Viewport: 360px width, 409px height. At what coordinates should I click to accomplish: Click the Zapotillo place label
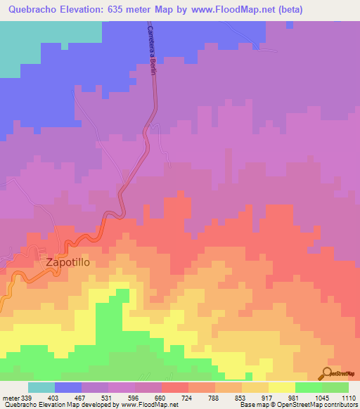pos(69,262)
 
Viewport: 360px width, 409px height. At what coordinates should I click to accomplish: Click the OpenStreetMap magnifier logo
pos(328,373)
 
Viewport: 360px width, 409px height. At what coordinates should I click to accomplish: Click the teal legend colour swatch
pos(41,387)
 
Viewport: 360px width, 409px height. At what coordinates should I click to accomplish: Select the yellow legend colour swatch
pos(281,387)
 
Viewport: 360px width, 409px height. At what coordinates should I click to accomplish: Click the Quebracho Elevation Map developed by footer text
pos(60,405)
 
